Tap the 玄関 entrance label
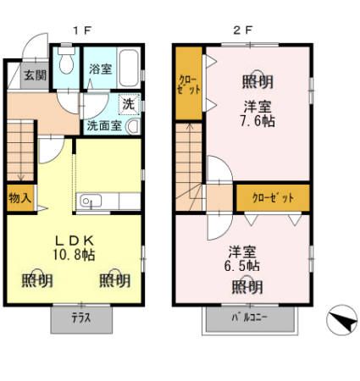point(35,75)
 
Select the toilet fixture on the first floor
point(66,64)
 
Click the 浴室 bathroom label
point(101,69)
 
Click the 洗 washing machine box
point(128,105)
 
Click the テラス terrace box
point(80,319)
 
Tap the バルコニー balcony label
point(250,319)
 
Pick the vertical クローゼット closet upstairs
point(188,85)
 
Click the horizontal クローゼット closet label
point(273,198)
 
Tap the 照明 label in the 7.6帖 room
point(258,82)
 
